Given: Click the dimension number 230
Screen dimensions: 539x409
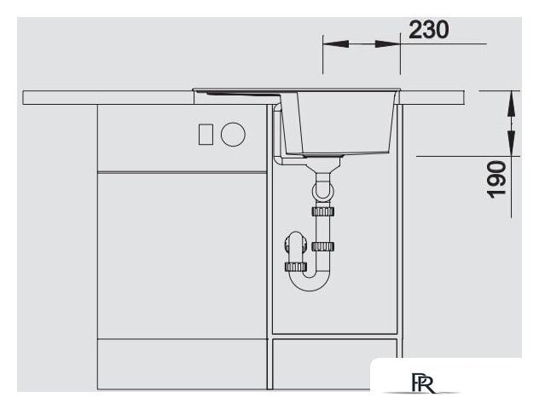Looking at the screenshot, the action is (429, 30).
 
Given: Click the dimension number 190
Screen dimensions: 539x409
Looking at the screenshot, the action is (496, 179).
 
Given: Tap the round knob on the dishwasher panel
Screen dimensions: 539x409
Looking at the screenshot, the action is (233, 135).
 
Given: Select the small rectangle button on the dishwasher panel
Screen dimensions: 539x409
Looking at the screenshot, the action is (206, 135).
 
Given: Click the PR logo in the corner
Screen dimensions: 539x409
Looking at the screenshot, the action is (423, 383).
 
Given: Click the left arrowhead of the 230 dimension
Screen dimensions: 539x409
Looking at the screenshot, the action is (336, 44).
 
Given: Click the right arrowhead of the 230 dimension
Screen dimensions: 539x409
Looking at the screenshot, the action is (387, 44).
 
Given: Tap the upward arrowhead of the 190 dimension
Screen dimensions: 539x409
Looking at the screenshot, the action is (511, 103).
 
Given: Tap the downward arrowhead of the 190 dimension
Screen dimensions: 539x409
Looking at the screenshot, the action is (511, 143).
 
